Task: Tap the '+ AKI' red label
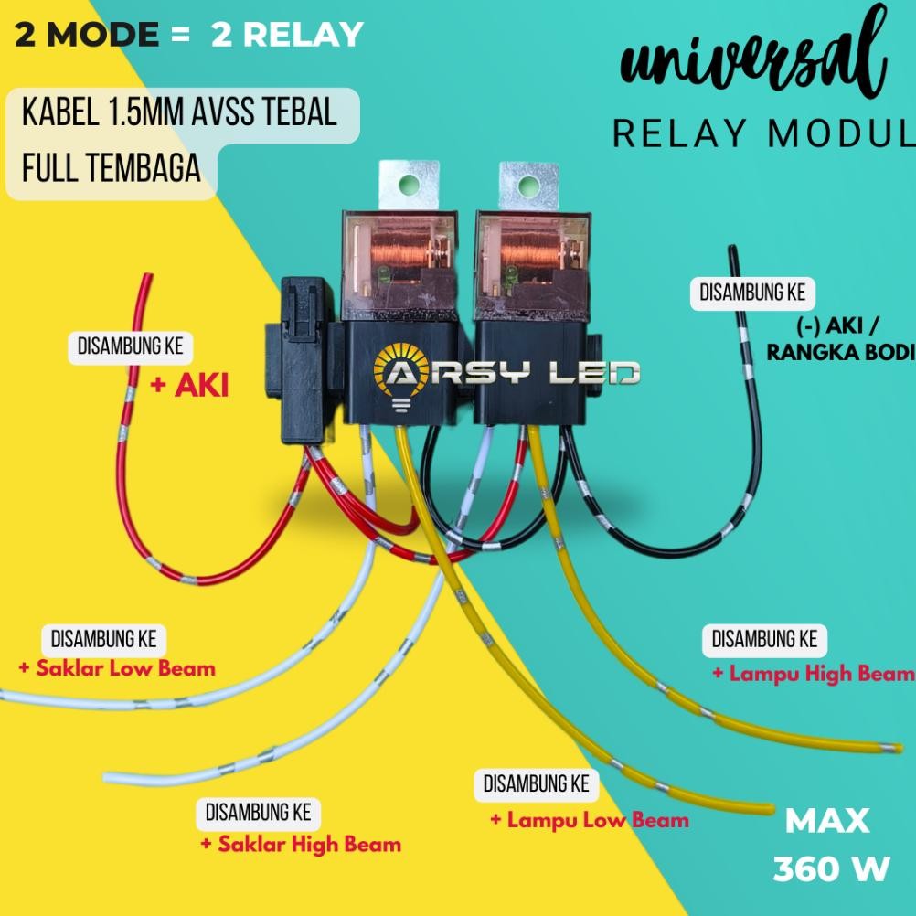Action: point(189,387)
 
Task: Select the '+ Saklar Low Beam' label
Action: point(117,668)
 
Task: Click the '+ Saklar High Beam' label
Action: point(301,844)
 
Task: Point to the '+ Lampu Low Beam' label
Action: point(590,820)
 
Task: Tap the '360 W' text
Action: point(831,869)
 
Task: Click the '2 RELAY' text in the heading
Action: point(287,35)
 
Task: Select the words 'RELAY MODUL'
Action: point(763,134)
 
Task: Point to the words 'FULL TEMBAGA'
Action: point(110,170)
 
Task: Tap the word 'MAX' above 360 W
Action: point(827,820)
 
